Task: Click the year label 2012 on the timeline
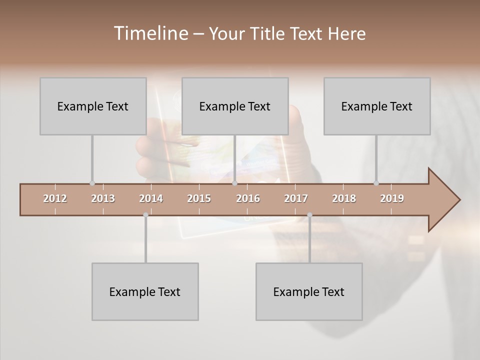[x=55, y=198]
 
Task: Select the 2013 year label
[x=103, y=198]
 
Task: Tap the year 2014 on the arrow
[x=151, y=198]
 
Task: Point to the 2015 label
[x=199, y=198]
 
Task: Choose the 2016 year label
[x=248, y=198]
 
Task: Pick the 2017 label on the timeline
[x=296, y=198]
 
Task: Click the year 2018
[x=344, y=198]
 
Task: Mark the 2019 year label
[x=392, y=198]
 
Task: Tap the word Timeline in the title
[x=150, y=33]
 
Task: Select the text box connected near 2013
[x=93, y=106]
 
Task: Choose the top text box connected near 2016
[x=235, y=106]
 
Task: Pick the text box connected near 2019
[x=377, y=106]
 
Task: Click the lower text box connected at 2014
[x=145, y=291]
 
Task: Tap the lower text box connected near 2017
[x=309, y=291]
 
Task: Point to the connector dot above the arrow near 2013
[x=92, y=183]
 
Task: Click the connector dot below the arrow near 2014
[x=145, y=215]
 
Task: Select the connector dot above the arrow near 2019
[x=376, y=183]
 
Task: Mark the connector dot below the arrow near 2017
[x=309, y=215]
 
